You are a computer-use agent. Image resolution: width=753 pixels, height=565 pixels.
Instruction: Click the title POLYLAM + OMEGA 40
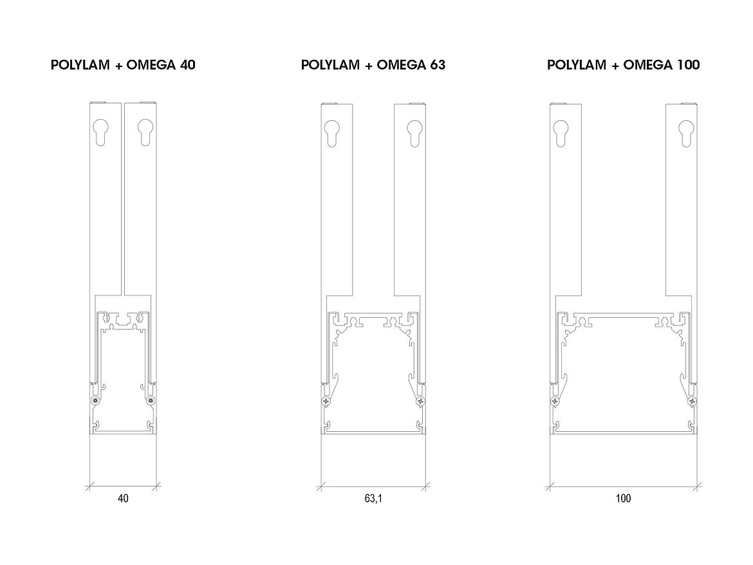pos(123,65)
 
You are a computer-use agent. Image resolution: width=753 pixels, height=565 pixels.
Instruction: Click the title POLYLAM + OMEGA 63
pos(373,65)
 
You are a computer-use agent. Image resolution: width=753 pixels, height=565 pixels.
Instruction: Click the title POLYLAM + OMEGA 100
pos(624,65)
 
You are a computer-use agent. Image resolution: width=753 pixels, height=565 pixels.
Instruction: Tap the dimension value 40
pos(123,498)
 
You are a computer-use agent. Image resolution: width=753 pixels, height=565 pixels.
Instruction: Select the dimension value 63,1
pos(373,498)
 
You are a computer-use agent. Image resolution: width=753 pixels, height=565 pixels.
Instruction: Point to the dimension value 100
pos(624,498)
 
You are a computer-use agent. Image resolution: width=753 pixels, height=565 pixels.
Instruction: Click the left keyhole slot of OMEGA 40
pos(101,132)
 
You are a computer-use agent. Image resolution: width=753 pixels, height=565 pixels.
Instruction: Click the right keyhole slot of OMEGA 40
pos(145,132)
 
